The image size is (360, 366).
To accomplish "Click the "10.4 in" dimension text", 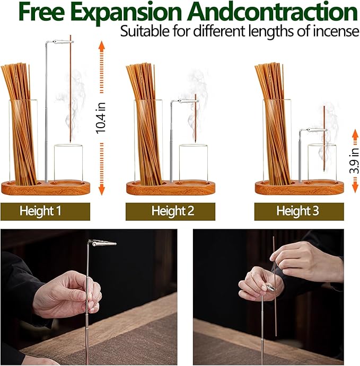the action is [101, 118].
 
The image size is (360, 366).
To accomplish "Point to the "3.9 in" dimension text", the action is [354, 160].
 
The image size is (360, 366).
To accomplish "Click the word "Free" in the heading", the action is [42, 12].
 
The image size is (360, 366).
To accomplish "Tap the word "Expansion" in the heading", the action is [127, 13].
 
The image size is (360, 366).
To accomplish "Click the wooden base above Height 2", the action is [171, 188].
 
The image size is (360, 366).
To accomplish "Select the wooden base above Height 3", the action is [299, 188].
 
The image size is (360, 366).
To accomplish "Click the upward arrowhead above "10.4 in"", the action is [102, 45].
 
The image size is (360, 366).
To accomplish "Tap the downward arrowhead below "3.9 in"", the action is [355, 188].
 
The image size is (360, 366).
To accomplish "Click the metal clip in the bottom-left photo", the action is [102, 243].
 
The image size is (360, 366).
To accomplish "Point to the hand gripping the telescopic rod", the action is [67, 293].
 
